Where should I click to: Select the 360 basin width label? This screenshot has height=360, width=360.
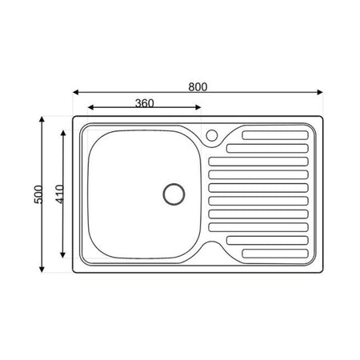143,102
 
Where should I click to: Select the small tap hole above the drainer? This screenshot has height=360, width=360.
212,135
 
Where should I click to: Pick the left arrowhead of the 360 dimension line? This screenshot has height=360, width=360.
90,109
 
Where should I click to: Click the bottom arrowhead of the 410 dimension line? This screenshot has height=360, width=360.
63,258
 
